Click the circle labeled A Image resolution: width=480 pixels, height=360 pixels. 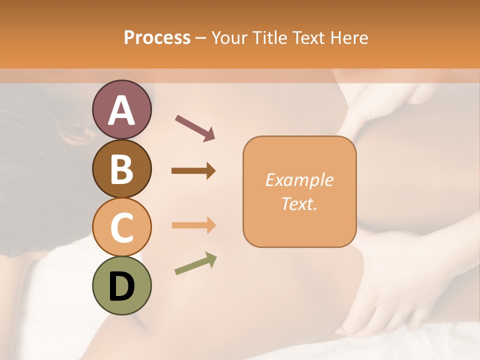coord(121,110)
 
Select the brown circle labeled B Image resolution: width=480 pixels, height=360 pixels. coord(121,168)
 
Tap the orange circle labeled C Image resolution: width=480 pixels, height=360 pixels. coord(121,227)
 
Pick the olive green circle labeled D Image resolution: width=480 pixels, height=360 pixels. coord(121,285)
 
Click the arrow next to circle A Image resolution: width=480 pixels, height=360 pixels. coord(195,128)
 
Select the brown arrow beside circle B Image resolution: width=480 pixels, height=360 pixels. coord(193,171)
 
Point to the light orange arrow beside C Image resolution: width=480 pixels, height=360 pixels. coord(193,225)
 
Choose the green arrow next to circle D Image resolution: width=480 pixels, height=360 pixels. coord(195,263)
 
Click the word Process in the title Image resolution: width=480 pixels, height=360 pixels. coord(157,38)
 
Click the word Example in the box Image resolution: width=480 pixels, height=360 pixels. coord(299,180)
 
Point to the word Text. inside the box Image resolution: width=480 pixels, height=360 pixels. coord(299,203)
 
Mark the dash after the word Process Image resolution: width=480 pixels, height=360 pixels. coord(201,38)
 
